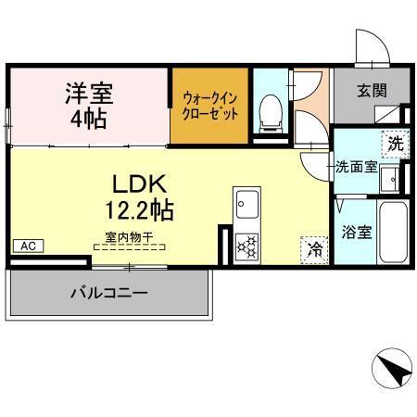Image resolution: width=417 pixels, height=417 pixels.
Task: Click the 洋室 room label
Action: click(89, 93)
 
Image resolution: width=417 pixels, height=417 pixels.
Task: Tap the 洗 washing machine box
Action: click(396, 145)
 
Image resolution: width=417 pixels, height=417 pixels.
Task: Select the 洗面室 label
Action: click(356, 169)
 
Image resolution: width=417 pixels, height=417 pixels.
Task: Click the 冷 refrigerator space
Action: click(315, 248)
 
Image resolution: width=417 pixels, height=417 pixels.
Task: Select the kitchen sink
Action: click(247, 204)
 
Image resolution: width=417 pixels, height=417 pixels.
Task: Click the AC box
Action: click(27, 246)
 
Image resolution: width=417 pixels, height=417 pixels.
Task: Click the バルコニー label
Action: click(109, 294)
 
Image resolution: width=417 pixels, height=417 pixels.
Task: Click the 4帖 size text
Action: click(89, 119)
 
